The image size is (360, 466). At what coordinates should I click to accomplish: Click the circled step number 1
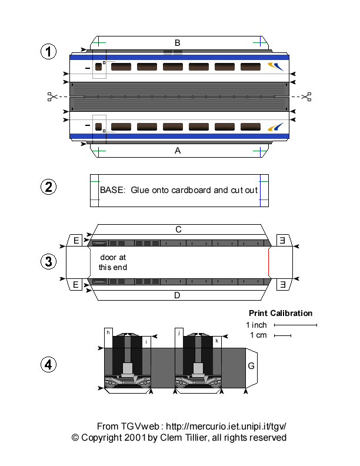pos(48,52)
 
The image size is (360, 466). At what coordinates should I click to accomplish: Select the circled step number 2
pos(48,187)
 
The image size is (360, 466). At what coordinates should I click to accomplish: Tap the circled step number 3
pos(48,261)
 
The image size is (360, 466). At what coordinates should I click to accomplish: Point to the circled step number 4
pos(48,365)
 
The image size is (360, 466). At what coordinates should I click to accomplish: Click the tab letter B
pos(177,42)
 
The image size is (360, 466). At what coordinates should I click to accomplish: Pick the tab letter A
pos(177,151)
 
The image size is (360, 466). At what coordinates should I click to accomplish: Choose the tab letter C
pos(178,229)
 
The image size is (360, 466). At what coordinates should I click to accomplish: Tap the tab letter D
pos(177,295)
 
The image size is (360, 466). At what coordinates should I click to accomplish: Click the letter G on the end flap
pos(251,366)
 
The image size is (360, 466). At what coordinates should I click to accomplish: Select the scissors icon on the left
pos(52,96)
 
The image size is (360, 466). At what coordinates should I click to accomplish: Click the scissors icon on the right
pos(306,96)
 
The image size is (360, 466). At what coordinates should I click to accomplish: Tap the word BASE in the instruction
pos(112,190)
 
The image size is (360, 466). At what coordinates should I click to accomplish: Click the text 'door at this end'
pos(113,262)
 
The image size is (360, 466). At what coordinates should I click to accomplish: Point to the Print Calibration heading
pos(281,313)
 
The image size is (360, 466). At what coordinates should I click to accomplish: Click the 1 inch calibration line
pos(295,325)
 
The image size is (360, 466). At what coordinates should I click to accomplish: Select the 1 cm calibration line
pos(282,336)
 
